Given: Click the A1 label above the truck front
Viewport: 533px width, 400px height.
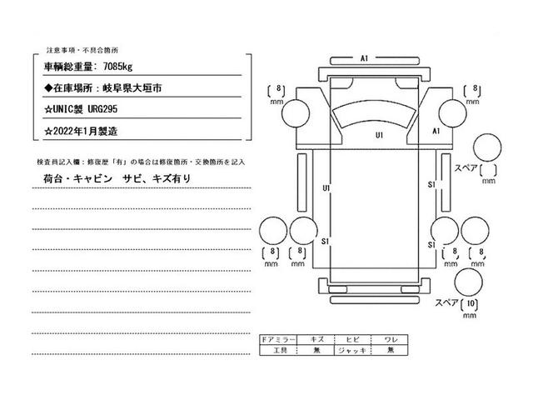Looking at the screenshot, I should click(x=365, y=58).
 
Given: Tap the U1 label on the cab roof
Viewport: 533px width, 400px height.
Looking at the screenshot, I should click(x=379, y=134).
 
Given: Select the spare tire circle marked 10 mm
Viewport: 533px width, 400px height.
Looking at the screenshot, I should click(x=469, y=282).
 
